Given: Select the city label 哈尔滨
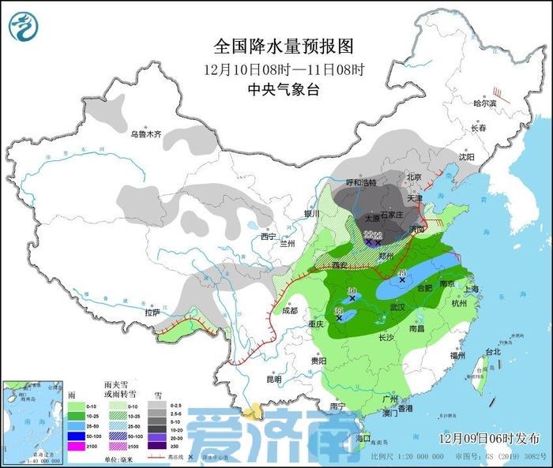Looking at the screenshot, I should coord(484,103).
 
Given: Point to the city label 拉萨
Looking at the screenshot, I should coord(152,313).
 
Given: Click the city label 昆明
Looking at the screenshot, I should coord(273,379).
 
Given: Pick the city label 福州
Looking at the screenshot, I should coord(457,356).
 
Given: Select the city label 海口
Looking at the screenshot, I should coord(363,437).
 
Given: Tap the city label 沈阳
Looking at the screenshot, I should coord(468,157).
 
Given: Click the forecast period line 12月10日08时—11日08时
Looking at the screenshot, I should coord(284,69).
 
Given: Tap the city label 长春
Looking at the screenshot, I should coord(479,128).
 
